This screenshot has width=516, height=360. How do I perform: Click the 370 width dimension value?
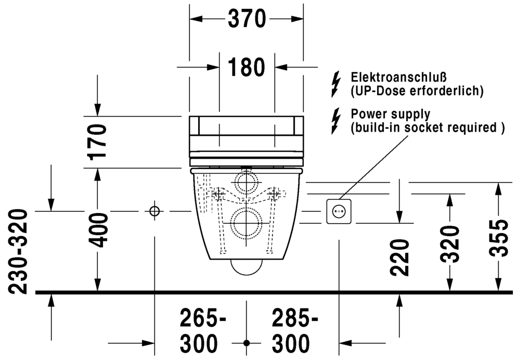click(247, 20)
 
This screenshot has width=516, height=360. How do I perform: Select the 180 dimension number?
click(247, 68)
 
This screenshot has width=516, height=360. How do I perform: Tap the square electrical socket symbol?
click(339, 211)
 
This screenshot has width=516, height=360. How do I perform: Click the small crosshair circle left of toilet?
click(154, 211)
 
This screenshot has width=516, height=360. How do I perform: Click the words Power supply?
click(391, 114)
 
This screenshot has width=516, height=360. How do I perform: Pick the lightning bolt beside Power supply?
click(337, 120)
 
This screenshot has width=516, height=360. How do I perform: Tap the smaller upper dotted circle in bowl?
click(246, 184)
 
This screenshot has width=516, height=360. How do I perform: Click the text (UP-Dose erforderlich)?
click(417, 91)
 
